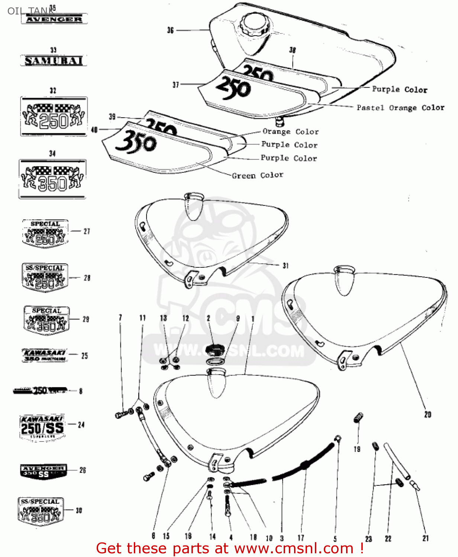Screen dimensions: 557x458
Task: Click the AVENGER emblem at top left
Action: pyautogui.click(x=54, y=19)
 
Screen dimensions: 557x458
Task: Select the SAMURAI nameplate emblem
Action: pyautogui.click(x=54, y=61)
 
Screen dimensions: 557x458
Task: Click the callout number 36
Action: pyautogui.click(x=170, y=30)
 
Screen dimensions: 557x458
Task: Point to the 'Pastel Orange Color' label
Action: pyautogui.click(x=400, y=108)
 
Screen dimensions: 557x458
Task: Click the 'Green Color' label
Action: pyautogui.click(x=257, y=175)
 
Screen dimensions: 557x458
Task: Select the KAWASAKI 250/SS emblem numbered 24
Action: pyautogui.click(x=42, y=428)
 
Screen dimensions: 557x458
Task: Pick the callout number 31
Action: pyautogui.click(x=286, y=266)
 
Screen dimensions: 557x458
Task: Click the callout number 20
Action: pyautogui.click(x=428, y=414)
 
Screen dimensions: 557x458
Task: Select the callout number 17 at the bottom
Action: pyautogui.click(x=301, y=538)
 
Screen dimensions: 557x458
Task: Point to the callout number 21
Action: pyautogui.click(x=426, y=538)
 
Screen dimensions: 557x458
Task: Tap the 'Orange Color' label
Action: pyautogui.click(x=290, y=132)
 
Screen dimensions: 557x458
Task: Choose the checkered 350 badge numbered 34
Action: pyautogui.click(x=52, y=179)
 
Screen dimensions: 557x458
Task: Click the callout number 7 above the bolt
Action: pyautogui.click(x=120, y=318)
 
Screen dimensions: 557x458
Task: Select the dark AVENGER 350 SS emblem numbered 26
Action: pyautogui.click(x=43, y=471)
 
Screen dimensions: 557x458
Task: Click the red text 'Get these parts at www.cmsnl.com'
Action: pyautogui.click(x=229, y=548)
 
